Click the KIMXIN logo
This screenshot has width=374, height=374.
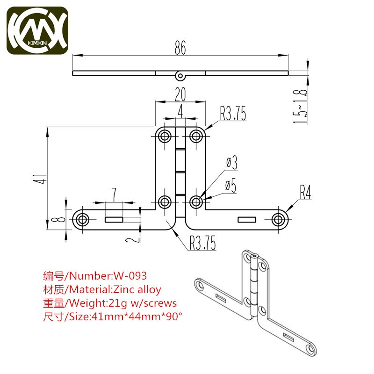tap(37, 31)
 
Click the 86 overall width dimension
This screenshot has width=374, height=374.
tap(180, 47)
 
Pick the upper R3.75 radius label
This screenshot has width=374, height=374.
tap(233, 114)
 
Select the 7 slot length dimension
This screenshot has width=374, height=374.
tap(114, 194)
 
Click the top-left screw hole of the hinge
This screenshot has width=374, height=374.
tap(165, 136)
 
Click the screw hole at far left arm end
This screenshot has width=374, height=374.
tap(83, 219)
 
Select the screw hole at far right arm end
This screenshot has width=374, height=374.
tap(279, 219)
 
